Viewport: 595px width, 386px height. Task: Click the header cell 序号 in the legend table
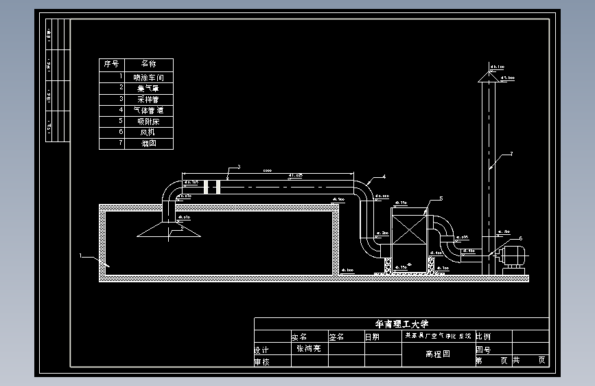(112, 64)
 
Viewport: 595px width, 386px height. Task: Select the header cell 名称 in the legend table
(148, 64)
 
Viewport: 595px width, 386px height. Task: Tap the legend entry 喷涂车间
(149, 78)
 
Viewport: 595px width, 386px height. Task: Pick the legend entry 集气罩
(149, 89)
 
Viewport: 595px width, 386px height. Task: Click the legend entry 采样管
(149, 100)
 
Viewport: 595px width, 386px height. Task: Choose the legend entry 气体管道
(149, 111)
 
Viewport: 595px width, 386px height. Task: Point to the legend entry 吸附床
(149, 122)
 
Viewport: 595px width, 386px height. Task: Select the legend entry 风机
(149, 133)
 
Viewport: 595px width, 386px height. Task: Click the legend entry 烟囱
(149, 144)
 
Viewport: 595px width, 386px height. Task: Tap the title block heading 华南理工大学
(401, 323)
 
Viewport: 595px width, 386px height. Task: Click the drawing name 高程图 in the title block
(437, 354)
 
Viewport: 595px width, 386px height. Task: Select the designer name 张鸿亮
(309, 348)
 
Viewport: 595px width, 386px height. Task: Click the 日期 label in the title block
(371, 337)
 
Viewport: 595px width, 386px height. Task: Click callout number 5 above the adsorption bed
(441, 198)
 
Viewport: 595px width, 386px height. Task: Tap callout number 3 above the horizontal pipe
(238, 167)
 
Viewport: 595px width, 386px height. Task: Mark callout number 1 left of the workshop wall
(81, 256)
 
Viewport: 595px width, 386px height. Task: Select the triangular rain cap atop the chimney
(488, 76)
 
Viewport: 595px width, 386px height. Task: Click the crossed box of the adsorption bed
(408, 238)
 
